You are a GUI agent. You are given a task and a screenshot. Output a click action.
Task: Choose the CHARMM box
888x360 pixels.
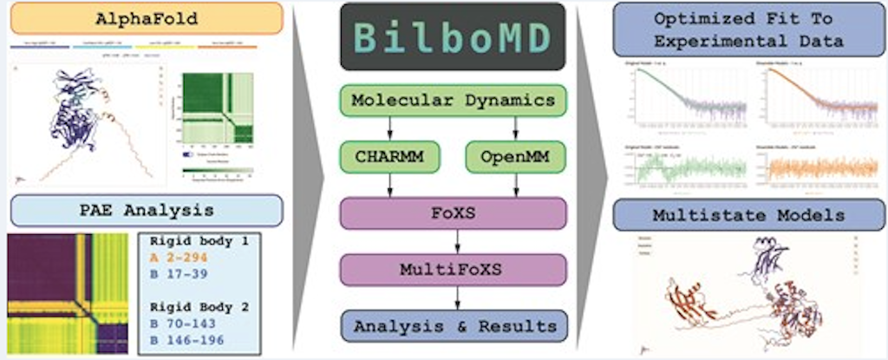coord(388,156)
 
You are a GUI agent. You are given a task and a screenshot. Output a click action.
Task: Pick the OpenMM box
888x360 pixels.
coord(515,156)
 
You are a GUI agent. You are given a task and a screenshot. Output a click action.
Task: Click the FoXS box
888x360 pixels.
coord(453,213)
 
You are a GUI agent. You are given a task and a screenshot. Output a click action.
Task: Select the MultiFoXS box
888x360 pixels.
coord(453,269)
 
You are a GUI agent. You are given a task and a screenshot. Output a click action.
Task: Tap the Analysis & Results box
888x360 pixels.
coord(453,326)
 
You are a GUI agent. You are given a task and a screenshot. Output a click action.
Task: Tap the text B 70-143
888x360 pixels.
coord(182,323)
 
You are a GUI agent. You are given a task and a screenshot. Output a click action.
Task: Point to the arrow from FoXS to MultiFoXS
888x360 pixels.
coord(453,241)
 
